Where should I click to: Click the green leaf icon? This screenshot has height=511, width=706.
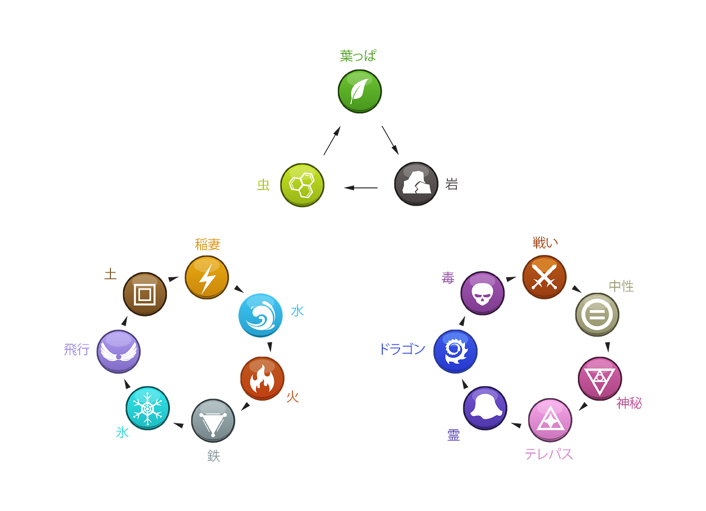coord(360,91)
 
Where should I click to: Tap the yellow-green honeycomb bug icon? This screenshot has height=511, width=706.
coord(302,185)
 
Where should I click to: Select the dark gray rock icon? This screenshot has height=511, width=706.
coord(416,183)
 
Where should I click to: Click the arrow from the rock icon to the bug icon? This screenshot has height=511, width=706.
coord(361,188)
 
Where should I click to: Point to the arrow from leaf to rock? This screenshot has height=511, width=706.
coord(390,140)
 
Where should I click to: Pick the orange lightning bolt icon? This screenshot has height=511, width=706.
coord(207,277)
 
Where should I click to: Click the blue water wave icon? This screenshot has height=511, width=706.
coord(260,315)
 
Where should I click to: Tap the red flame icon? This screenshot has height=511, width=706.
coord(262,378)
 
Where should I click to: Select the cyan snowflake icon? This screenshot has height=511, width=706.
coord(147,408)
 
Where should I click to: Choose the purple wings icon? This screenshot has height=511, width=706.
coord(119,352)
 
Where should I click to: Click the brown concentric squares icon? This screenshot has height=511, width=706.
coord(145,294)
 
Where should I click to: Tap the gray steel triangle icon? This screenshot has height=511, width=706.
coord(213,421)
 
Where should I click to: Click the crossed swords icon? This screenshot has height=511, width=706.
coord(544,277)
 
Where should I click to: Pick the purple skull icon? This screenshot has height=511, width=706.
coord(483,293)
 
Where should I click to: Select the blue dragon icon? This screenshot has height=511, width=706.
coord(455,351)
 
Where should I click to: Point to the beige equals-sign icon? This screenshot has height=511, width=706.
coord(597,314)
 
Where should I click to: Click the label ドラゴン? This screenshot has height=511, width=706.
coord(402,349)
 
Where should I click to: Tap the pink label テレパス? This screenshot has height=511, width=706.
coord(549,454)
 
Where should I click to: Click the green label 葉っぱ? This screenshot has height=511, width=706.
coord(358,56)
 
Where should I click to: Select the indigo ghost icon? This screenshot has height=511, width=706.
coord(485,408)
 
